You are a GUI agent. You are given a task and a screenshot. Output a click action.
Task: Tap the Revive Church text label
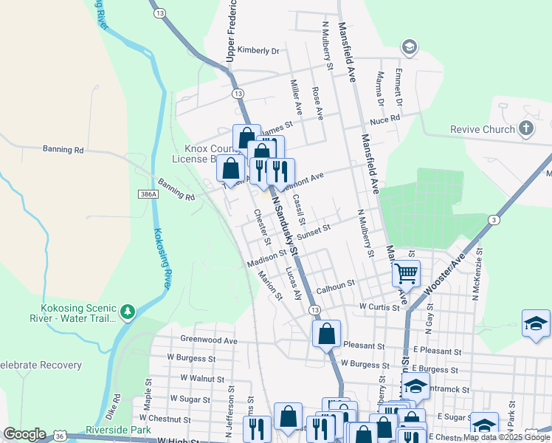pos(483,130)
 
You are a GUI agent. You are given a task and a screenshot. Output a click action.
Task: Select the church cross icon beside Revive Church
pos(525,129)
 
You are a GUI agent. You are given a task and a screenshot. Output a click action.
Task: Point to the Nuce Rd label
pos(384,118)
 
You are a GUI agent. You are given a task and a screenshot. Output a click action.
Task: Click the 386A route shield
pos(148,194)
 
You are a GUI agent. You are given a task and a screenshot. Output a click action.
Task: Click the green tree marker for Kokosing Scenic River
pos(128,312)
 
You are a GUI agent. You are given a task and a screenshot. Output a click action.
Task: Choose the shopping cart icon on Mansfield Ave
pos(406,273)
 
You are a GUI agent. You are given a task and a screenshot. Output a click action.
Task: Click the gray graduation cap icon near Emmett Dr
pos(409,49)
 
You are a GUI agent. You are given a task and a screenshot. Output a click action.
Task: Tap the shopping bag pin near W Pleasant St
pos(326,334)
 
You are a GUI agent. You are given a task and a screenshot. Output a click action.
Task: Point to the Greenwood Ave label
pos(209,340)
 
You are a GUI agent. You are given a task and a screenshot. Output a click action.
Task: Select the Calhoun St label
pos(336,283)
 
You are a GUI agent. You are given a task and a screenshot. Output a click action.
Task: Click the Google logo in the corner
pos(25,434)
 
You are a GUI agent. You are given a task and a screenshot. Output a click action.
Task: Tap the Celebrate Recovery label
pos(40,365)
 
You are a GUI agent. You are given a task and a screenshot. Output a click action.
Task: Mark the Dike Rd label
pos(112,405)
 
